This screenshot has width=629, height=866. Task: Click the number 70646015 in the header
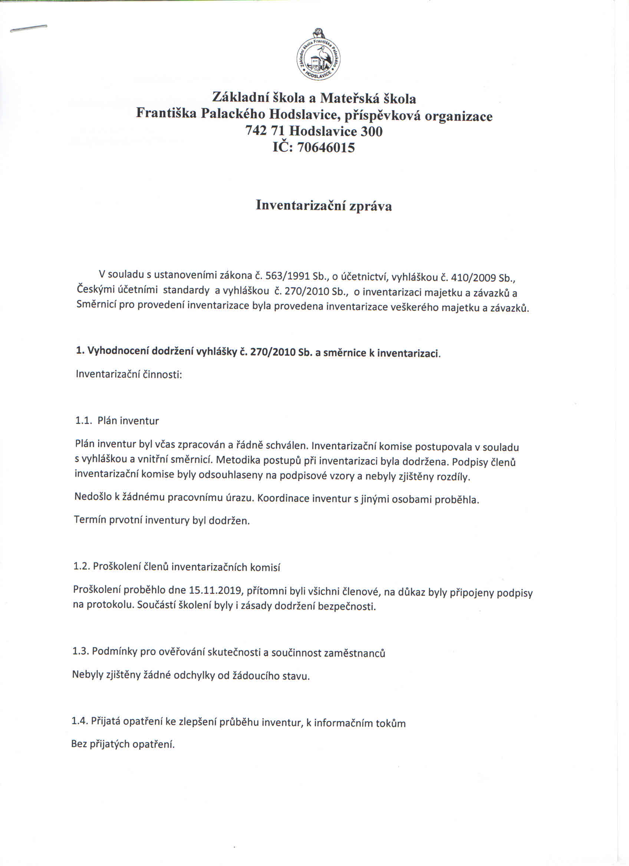(325, 148)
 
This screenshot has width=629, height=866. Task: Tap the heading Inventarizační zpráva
(323, 205)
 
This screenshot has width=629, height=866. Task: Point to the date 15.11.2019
(215, 590)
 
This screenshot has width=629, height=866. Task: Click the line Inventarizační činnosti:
(129, 374)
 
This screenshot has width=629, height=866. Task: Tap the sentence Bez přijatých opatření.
(123, 744)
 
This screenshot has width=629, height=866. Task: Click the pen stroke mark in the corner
(29, 29)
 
